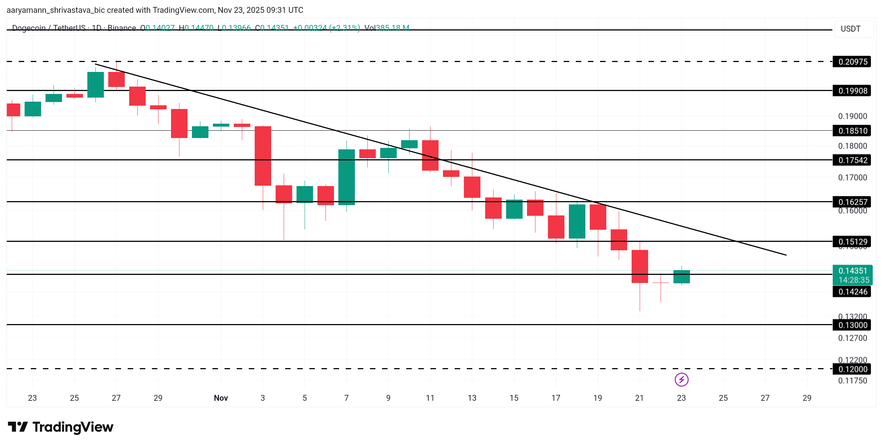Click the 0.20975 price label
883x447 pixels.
point(852,62)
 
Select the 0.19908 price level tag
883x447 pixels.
point(852,91)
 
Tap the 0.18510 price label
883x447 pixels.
point(852,131)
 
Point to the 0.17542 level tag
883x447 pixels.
point(852,160)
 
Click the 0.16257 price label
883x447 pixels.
point(852,202)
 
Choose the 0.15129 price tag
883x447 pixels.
point(852,241)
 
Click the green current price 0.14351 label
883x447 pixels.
point(852,275)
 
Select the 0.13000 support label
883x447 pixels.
point(852,325)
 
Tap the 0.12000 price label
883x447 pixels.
point(852,369)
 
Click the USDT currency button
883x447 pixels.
point(850,29)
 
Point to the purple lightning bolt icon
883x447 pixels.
point(682,379)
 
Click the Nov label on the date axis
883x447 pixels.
point(221,398)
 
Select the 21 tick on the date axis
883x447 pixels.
point(639,398)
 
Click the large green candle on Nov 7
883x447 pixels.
point(346,177)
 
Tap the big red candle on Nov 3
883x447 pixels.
point(263,156)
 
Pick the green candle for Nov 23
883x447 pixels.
point(682,277)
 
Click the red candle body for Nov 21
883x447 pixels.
point(640,266)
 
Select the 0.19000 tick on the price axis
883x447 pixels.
point(852,116)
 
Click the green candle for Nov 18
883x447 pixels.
point(577,221)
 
